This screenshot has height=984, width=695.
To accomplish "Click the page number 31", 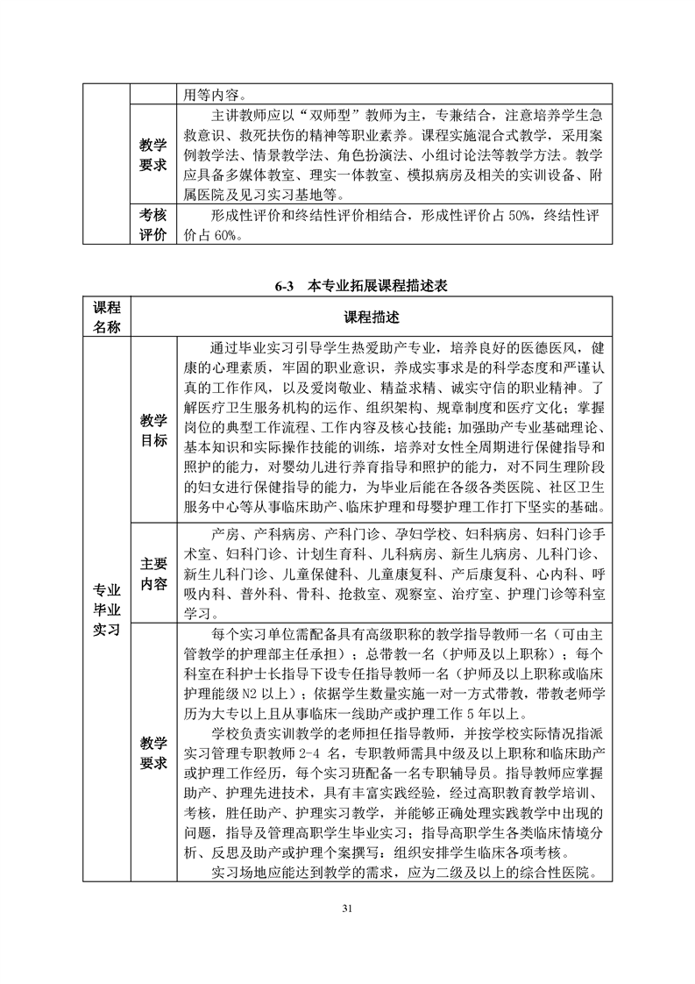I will [x=347, y=907].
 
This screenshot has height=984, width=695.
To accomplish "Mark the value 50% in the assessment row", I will [x=505, y=216].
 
